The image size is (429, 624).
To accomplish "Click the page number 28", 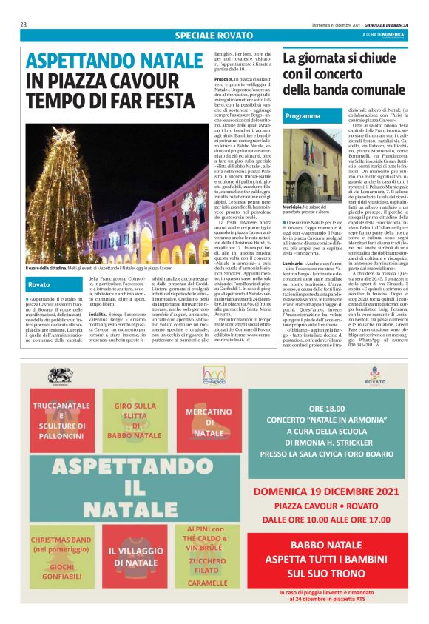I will (24, 24).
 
